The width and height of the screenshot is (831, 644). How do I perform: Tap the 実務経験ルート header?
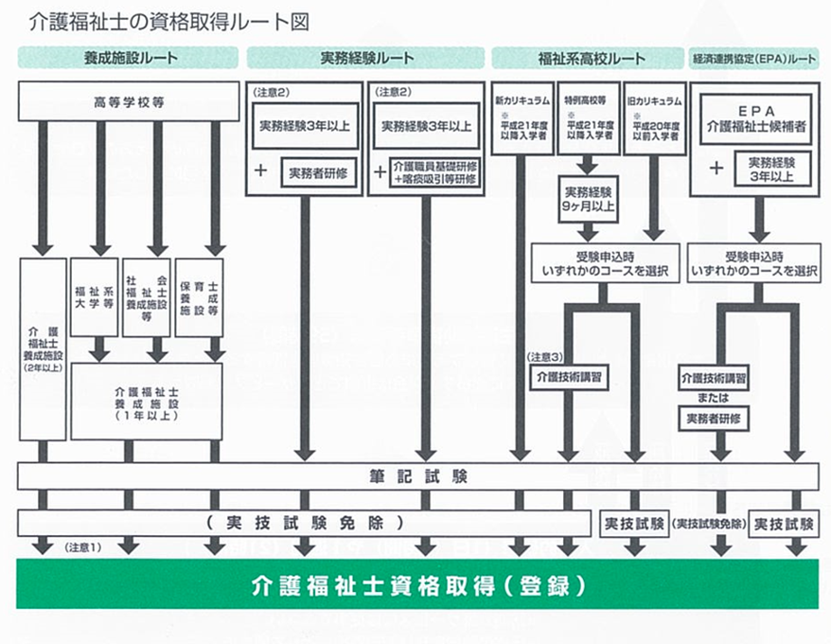pos(366,59)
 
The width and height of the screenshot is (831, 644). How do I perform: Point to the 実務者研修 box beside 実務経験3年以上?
pos(318,172)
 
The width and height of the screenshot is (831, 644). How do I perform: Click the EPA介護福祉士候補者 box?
pos(754,118)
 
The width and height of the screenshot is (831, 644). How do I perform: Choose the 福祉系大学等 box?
pos(94,297)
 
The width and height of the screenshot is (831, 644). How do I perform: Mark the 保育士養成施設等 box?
pos(200,297)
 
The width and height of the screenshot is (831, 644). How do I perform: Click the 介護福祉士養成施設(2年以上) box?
pos(43,349)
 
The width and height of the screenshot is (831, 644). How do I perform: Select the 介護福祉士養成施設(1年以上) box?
pos(147,402)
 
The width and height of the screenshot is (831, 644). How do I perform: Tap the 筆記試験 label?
pos(417,476)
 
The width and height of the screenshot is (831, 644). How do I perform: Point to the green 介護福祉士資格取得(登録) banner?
pos(417,583)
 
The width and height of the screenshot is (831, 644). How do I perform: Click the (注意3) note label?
pos(545,357)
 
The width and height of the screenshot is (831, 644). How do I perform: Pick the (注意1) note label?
pos(82,547)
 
